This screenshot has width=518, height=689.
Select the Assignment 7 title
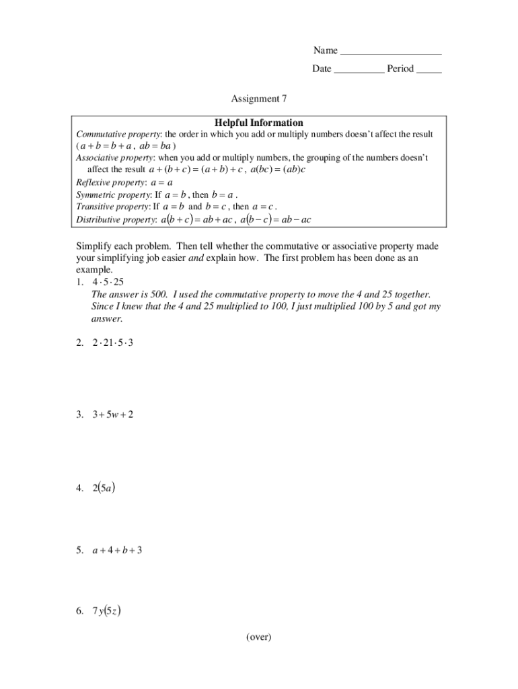259,99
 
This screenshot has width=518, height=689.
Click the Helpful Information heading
259,123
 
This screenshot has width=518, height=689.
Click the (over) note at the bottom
258,637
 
